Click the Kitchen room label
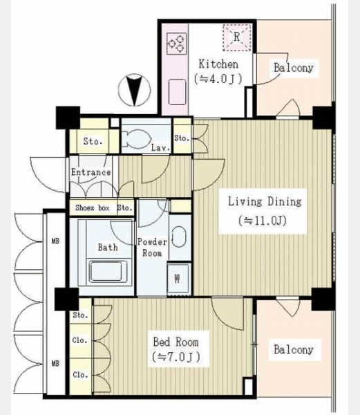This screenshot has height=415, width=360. pos(218,64)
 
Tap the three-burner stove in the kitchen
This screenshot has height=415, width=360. pos(177,44)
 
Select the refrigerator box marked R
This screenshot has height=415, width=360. pos(237,37)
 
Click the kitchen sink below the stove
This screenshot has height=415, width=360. pos(177,91)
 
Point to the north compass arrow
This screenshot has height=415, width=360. pos(135,90)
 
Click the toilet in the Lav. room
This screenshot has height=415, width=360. pos(136,139)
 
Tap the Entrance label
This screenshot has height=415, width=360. pos(91,172)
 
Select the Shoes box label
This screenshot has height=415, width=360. pos(93,207)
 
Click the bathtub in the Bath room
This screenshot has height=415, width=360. pos(108,271)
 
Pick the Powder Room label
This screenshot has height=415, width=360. pos(152,248)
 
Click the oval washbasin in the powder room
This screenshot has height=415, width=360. pos(179,237)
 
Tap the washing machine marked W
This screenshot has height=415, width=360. pos(178,278)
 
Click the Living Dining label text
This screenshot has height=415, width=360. pos(265,202)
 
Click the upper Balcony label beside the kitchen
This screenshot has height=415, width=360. pos(294,68)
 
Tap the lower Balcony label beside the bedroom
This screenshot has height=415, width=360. pos(294,349)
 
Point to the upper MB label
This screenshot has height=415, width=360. pos(55,241)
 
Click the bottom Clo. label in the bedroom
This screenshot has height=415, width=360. pos(80,375)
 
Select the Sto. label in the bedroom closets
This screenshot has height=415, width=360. pos(80,315)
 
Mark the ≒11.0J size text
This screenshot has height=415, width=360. pos(263,221)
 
